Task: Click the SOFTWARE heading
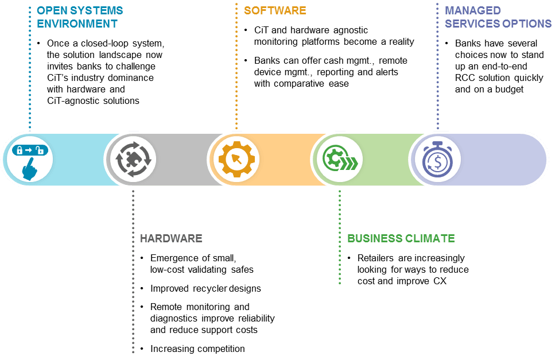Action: (x=275, y=11)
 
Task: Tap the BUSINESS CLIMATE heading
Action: (x=401, y=238)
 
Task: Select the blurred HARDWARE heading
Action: (x=171, y=238)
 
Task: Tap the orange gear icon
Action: (x=235, y=159)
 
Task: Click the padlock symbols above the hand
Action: (x=30, y=150)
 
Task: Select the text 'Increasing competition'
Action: (x=197, y=349)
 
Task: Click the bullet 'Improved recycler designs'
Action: (x=205, y=288)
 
